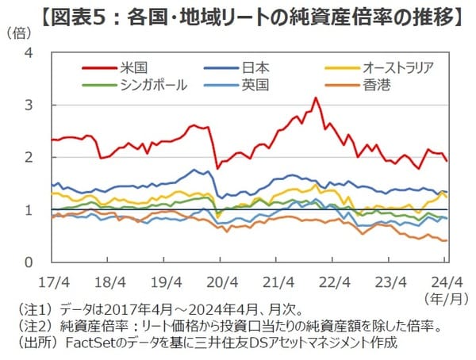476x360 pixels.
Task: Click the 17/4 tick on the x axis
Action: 52,281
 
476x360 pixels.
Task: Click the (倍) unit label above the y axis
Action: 21,33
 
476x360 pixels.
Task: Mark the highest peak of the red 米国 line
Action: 316,98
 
